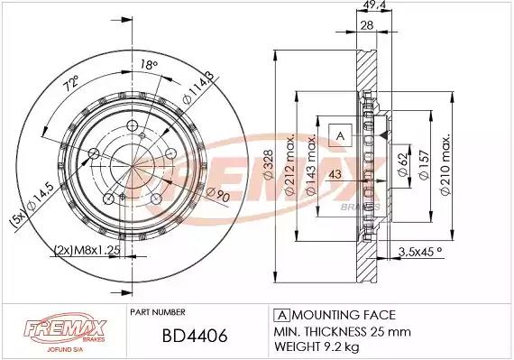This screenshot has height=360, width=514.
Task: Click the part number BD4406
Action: pyautogui.click(x=195, y=336)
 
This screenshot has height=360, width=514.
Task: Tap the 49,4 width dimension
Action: pyautogui.click(x=374, y=5)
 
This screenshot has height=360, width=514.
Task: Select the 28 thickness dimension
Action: pyautogui.click(x=367, y=25)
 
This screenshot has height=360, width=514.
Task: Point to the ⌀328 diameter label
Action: pyautogui.click(x=268, y=164)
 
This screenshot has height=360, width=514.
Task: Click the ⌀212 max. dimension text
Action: pyautogui.click(x=289, y=164)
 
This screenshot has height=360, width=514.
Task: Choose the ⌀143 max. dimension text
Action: pyautogui.click(x=310, y=165)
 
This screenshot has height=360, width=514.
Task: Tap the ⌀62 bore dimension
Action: pyautogui.click(x=403, y=164)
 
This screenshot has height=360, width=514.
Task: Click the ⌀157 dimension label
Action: pyautogui.click(x=424, y=164)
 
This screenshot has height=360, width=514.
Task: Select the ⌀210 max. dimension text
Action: pyautogui.click(x=445, y=164)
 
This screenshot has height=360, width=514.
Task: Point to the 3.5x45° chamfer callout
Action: pyautogui.click(x=420, y=252)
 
